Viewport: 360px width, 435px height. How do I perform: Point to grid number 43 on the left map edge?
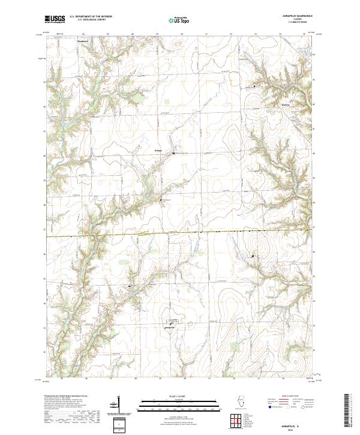click(44, 80)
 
